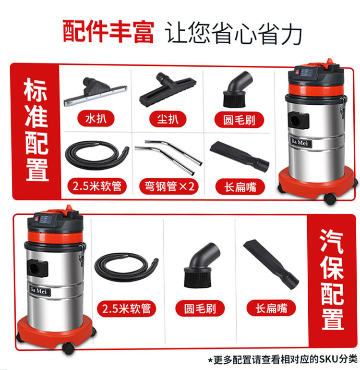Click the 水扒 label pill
96,119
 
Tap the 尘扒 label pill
168,119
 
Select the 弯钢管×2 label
169,186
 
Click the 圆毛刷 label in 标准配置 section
239,120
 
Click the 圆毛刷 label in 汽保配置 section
200,308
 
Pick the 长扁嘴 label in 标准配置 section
240,187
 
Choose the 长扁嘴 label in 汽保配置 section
271,308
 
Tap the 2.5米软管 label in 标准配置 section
97,186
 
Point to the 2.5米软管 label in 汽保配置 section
127,308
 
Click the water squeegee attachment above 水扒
96,91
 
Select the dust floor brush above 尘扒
168,90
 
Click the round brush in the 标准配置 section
237,90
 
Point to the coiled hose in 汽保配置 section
126,268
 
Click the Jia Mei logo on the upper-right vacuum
300,142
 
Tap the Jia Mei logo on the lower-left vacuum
40,291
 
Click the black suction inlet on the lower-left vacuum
37,269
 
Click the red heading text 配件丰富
108,32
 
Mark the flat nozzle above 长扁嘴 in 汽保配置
271,264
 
